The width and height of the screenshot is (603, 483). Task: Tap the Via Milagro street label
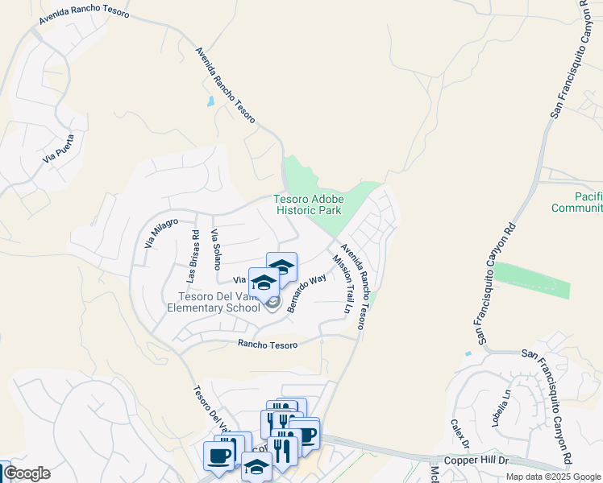[x=160, y=232]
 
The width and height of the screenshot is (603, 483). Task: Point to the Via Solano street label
[x=215, y=250]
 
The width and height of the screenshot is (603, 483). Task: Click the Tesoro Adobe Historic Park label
[x=309, y=204]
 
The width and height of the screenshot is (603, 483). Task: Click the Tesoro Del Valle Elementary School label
[x=214, y=302]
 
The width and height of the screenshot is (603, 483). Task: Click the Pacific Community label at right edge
[x=576, y=202]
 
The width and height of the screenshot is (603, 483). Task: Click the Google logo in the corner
[x=27, y=473]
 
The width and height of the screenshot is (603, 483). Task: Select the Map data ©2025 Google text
[x=553, y=477]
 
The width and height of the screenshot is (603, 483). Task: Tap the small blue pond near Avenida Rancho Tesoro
[x=210, y=101]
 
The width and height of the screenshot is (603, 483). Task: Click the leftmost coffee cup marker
[x=218, y=456]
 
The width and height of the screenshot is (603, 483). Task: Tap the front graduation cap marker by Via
[x=264, y=282]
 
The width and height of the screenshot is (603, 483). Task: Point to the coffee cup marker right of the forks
[x=306, y=434]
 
